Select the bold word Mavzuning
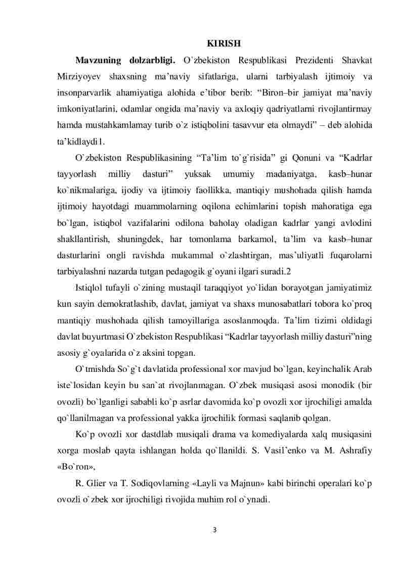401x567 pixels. point(98,60)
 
